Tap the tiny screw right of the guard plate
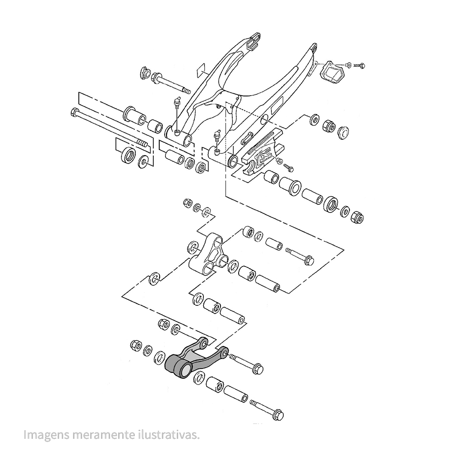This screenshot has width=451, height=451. click(x=359, y=65)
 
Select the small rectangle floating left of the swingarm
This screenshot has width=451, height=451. click(x=202, y=69)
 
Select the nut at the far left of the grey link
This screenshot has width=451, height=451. click(x=135, y=345)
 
